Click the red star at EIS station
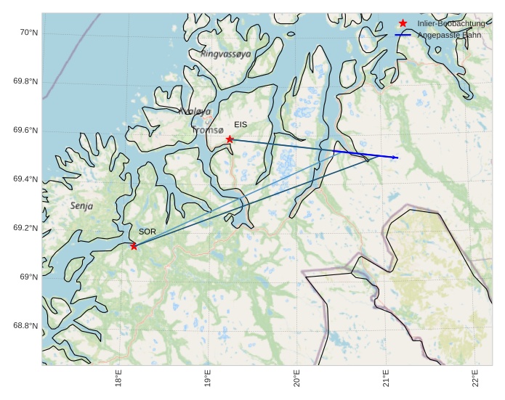(230, 139)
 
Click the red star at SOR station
(134, 246)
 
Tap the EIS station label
(241, 125)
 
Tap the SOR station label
(148, 232)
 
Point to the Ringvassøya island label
(225, 54)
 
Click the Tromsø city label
(208, 131)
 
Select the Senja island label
(81, 206)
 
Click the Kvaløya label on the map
(195, 112)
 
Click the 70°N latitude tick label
(28, 33)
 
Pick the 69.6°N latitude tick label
(25, 131)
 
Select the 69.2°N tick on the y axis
(25, 229)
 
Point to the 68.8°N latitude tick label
(25, 326)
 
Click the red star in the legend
(403, 23)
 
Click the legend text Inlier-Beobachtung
(451, 24)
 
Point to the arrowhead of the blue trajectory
(396, 158)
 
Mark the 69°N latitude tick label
(28, 277)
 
